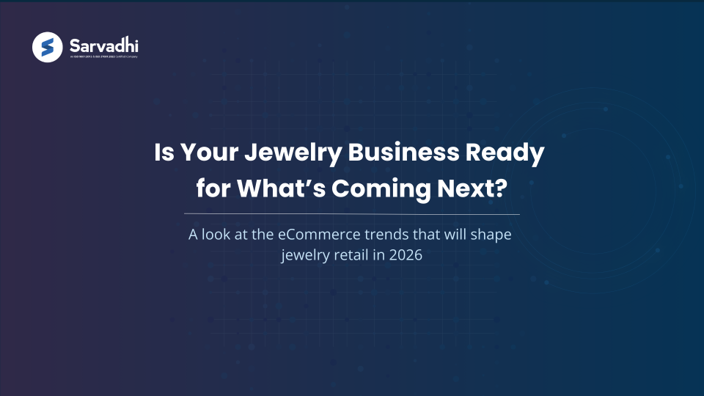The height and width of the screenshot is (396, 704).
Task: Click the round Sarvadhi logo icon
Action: (48, 48)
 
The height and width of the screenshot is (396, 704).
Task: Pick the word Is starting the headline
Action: (165, 154)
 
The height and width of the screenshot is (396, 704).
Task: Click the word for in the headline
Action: (212, 188)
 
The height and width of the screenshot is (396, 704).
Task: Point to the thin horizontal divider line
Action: (351, 214)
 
